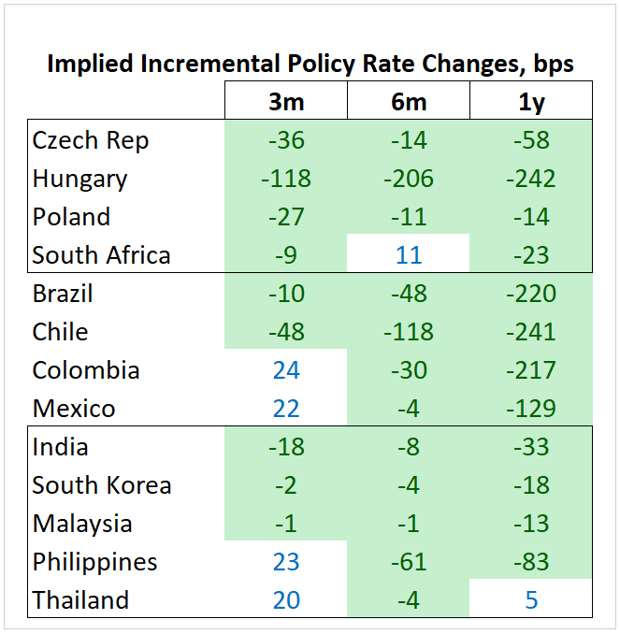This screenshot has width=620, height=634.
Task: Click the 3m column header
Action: (x=286, y=101)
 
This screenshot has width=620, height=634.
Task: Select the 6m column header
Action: (x=409, y=101)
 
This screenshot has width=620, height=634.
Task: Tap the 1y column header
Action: (x=531, y=101)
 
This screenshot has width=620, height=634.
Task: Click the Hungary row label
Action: (x=79, y=179)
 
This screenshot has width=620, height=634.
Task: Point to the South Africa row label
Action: (x=101, y=255)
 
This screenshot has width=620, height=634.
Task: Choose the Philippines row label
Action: (x=94, y=562)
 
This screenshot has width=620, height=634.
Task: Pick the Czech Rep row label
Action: (x=91, y=140)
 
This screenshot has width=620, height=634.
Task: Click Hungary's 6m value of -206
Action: (x=409, y=179)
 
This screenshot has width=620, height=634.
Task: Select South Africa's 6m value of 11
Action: (x=409, y=255)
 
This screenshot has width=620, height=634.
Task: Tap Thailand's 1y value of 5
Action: (x=531, y=600)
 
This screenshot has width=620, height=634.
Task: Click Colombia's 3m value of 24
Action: (x=286, y=370)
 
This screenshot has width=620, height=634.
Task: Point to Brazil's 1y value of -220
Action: (x=531, y=294)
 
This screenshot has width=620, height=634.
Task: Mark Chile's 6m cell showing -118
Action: (x=409, y=332)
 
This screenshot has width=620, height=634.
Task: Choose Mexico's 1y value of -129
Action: (x=531, y=409)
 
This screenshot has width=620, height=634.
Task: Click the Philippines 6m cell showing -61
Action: (x=409, y=562)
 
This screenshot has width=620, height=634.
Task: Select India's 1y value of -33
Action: (x=531, y=447)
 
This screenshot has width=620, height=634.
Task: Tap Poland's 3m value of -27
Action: (x=286, y=217)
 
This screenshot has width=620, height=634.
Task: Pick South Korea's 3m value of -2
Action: (x=286, y=485)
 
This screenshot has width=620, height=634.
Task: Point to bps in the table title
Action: (x=553, y=65)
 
